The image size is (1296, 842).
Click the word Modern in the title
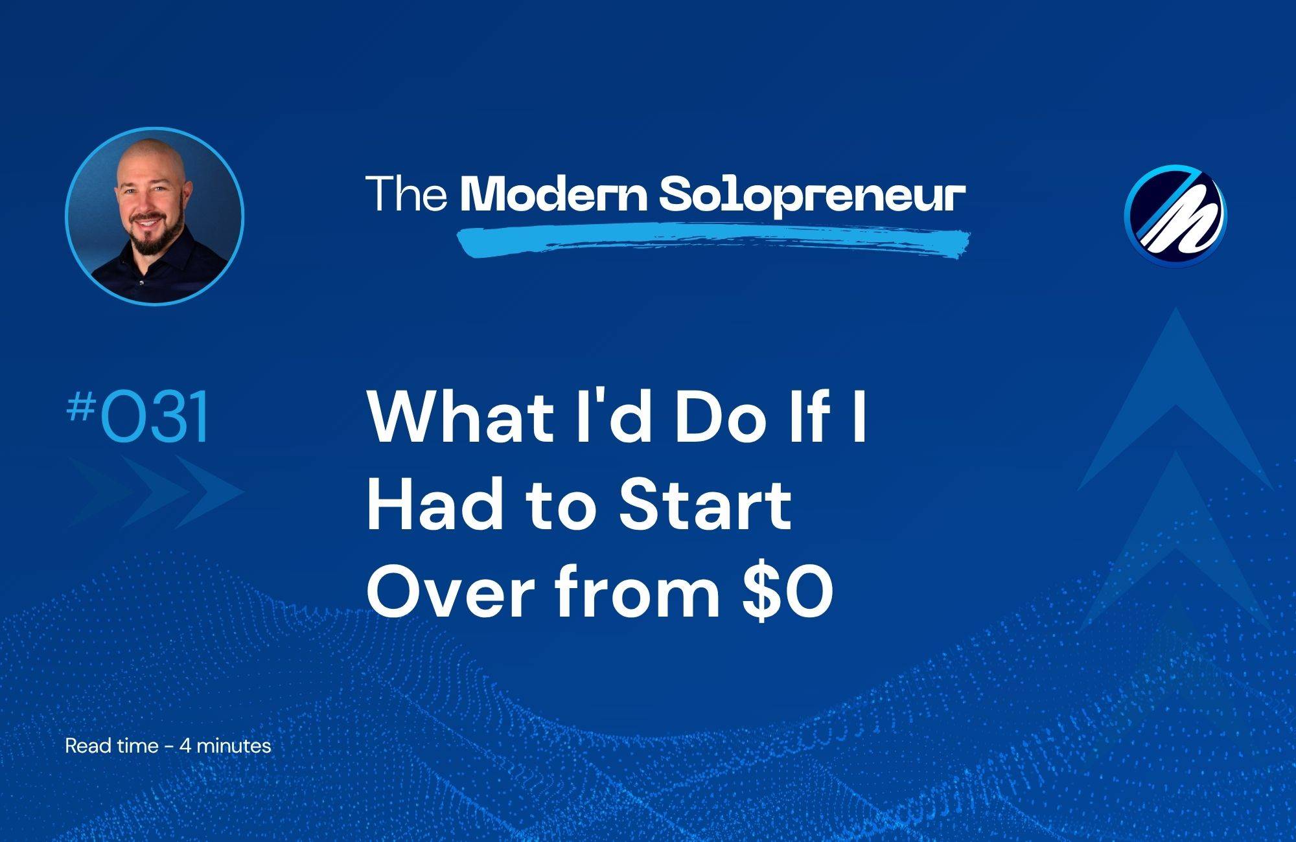click(554, 194)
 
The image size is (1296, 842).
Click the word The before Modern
click(406, 194)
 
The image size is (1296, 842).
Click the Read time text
click(112, 745)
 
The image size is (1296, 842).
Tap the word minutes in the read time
click(233, 745)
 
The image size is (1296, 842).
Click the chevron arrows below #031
click(156, 492)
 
